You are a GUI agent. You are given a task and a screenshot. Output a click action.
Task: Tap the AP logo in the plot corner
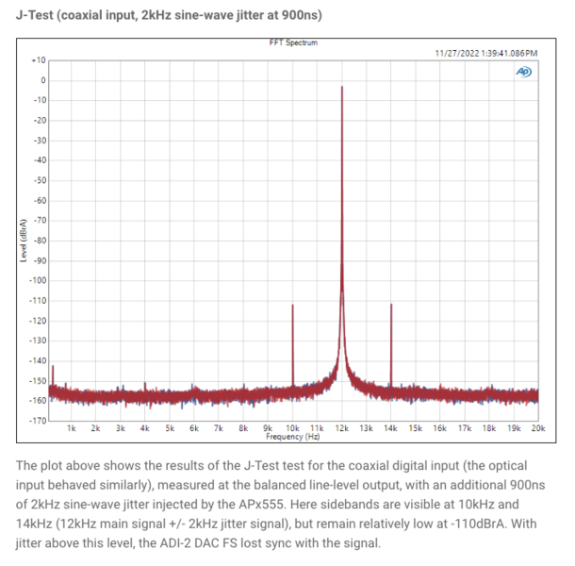[x=524, y=72]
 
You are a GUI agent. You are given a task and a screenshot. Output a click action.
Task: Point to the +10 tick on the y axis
[x=39, y=59]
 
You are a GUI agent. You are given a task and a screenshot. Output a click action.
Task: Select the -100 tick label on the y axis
[x=37, y=280]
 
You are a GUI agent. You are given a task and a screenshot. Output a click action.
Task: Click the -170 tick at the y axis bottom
[x=37, y=420]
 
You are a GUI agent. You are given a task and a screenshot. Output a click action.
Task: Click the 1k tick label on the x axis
[x=72, y=428]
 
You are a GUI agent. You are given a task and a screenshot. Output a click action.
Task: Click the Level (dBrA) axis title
[x=21, y=240]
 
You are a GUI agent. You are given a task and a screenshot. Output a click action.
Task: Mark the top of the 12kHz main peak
[x=342, y=87]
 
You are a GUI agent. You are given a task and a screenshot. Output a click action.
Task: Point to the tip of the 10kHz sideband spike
[x=293, y=305]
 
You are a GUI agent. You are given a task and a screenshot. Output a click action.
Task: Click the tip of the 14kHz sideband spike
[x=391, y=305]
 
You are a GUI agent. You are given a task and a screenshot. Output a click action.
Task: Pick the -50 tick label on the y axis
[x=39, y=180]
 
